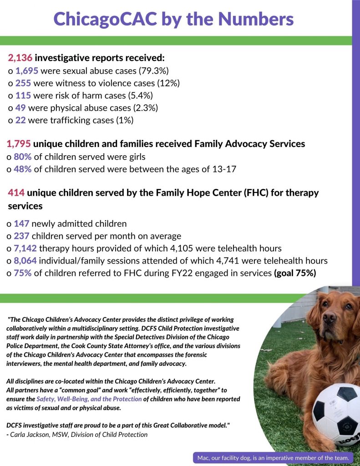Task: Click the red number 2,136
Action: [x=20, y=59]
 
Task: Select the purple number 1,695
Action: [x=27, y=71]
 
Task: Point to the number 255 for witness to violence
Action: [x=23, y=83]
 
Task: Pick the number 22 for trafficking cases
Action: [x=20, y=120]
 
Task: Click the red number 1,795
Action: [x=19, y=144]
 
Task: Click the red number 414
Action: [x=16, y=192]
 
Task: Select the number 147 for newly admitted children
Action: [x=22, y=224]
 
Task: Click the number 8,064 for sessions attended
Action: [x=27, y=261]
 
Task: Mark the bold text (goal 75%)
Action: [x=294, y=273]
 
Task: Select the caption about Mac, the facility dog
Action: [x=273, y=458]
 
